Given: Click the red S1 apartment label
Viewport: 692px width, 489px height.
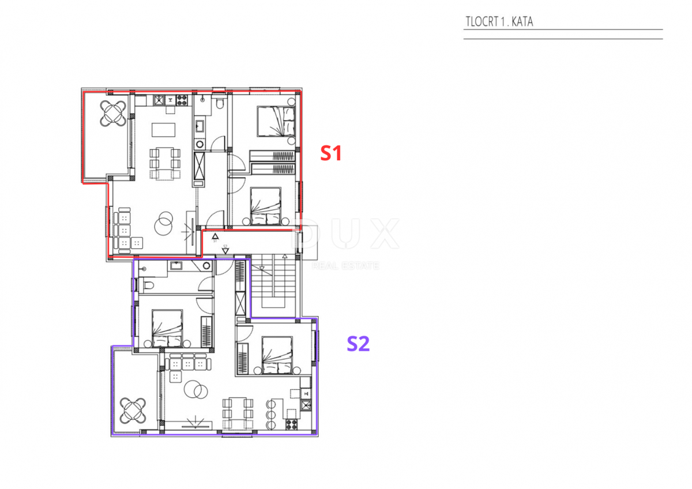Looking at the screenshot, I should click(x=332, y=153).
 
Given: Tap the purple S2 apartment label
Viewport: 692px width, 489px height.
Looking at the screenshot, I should click(x=358, y=344).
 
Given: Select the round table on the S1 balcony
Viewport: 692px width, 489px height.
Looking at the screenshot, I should click(x=113, y=113).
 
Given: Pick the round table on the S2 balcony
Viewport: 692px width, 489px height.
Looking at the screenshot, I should click(x=133, y=411).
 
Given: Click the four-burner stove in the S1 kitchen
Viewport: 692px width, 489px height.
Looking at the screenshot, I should click(x=182, y=100).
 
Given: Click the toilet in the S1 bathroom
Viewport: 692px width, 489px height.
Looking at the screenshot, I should click(x=220, y=103).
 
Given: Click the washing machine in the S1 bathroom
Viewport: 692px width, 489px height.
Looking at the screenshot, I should click(x=200, y=144).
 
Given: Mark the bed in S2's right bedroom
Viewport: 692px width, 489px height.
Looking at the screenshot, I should click(x=277, y=355).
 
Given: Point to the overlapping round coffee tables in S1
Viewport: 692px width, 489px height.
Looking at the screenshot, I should click(x=164, y=222).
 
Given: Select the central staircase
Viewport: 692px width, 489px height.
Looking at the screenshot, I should click(x=277, y=283).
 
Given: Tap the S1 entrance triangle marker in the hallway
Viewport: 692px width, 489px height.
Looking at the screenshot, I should click(x=215, y=236).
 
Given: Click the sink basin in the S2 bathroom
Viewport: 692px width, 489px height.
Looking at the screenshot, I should click(x=175, y=265).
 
